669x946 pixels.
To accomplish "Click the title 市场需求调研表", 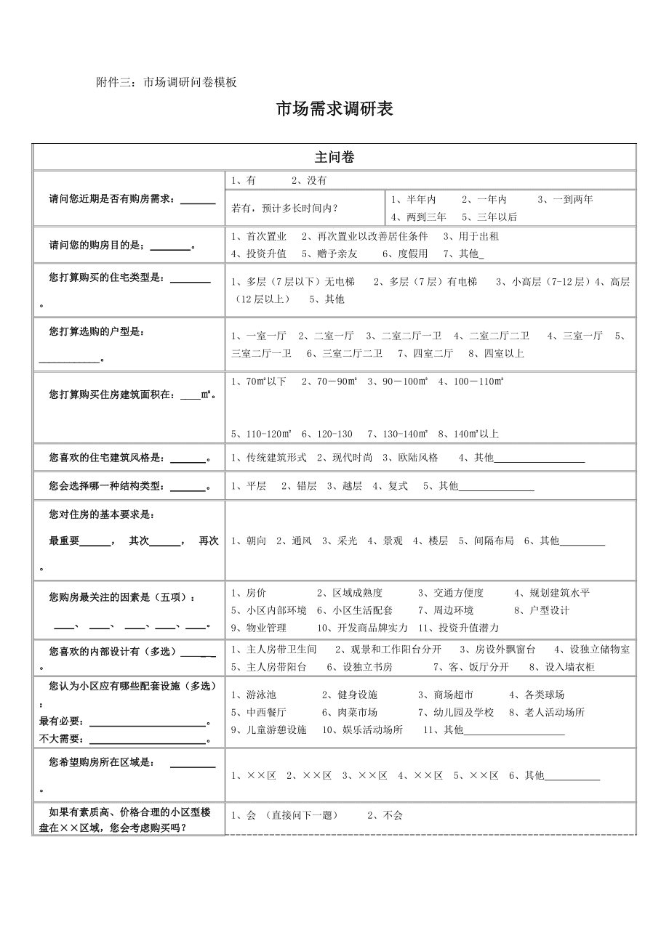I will coord(334,110).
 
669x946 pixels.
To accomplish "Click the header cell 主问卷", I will coord(334,157).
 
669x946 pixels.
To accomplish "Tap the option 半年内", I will coord(417,199).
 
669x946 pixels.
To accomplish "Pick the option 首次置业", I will coord(263,236).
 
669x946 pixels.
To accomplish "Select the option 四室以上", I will coord(501,353).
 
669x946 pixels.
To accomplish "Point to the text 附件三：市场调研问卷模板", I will coord(167,82).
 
